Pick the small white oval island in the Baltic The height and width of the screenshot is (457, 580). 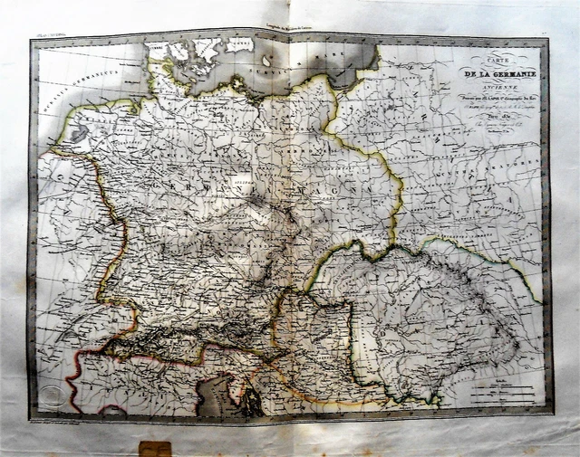coord(239,44)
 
